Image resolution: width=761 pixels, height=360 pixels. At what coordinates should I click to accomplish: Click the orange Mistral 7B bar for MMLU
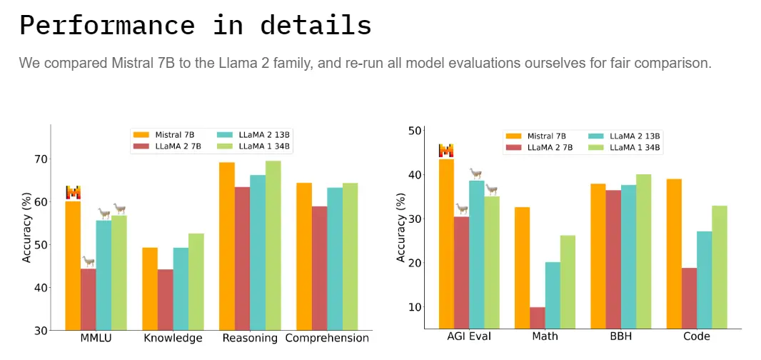[x=73, y=264]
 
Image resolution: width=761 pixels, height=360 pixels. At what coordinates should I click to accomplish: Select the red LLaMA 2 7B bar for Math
[x=538, y=318]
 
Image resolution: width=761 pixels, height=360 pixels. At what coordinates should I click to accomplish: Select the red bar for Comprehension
[x=319, y=268]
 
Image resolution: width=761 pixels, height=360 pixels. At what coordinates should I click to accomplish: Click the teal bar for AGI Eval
[x=476, y=254]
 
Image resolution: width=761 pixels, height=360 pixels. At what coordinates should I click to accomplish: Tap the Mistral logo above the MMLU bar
[x=73, y=192]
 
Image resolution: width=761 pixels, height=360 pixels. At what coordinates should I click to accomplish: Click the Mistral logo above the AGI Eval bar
[x=446, y=151]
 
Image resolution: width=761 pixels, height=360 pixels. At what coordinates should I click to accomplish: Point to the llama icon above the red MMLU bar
[x=89, y=261]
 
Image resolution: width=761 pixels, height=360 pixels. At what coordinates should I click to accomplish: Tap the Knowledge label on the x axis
[x=173, y=339]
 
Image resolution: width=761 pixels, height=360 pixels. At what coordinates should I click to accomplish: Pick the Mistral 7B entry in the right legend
[x=538, y=136]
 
